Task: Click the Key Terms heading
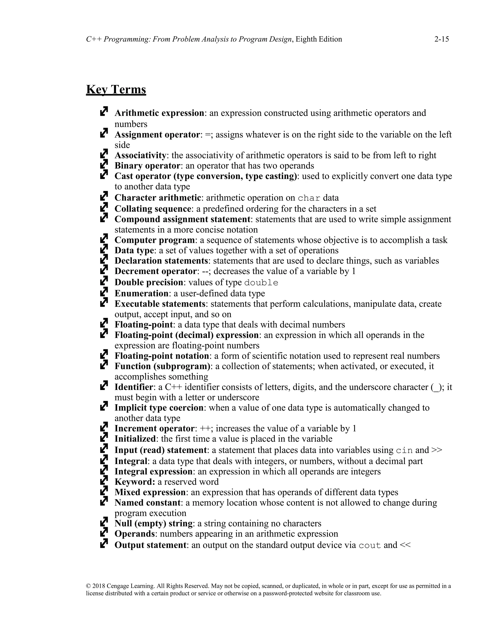click(x=116, y=89)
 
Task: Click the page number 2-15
click(x=441, y=39)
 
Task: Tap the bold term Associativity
click(x=141, y=155)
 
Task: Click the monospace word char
click(x=309, y=198)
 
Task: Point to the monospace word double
click(x=261, y=283)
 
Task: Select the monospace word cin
click(x=404, y=451)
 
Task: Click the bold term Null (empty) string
click(x=153, y=524)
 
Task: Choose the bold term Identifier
click(x=134, y=387)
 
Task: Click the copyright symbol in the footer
click(x=88, y=586)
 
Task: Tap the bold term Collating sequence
click(x=153, y=209)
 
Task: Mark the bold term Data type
click(x=134, y=250)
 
